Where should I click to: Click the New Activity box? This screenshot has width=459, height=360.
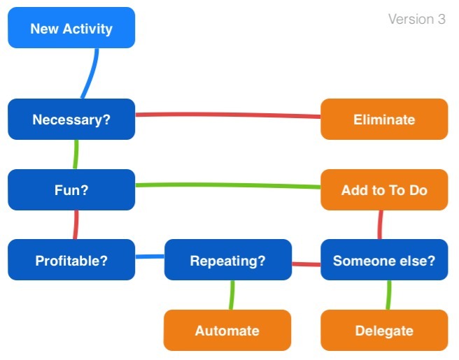pos(71,28)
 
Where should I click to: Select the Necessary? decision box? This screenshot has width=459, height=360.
pos(71,120)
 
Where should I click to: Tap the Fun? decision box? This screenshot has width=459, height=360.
pos(71,189)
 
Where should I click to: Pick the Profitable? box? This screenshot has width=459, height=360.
pos(71,260)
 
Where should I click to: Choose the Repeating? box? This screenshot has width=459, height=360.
pos(228,260)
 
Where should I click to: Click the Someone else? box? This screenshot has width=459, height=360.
pos(384,260)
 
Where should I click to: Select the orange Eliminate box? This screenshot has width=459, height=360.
pos(384,120)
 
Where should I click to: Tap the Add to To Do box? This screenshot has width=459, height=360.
pos(384,189)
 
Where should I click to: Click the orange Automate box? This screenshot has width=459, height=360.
pos(227,330)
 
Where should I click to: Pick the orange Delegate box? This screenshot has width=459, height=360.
pos(384,330)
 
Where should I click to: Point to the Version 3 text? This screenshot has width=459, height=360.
pos(417,20)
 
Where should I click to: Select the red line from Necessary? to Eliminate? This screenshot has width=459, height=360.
pos(227,114)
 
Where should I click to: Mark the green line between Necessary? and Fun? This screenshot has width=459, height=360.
pos(76,154)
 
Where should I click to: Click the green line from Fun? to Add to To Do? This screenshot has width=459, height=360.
pos(227,185)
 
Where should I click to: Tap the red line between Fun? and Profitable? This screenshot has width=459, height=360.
pos(76,224)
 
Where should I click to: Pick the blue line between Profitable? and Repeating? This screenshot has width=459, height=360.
pos(150,257)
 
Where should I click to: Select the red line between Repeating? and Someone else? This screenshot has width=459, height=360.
pos(306,264)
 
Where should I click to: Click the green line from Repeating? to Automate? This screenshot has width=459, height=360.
pos(232,295)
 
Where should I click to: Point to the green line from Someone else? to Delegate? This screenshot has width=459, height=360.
pos(388,295)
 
